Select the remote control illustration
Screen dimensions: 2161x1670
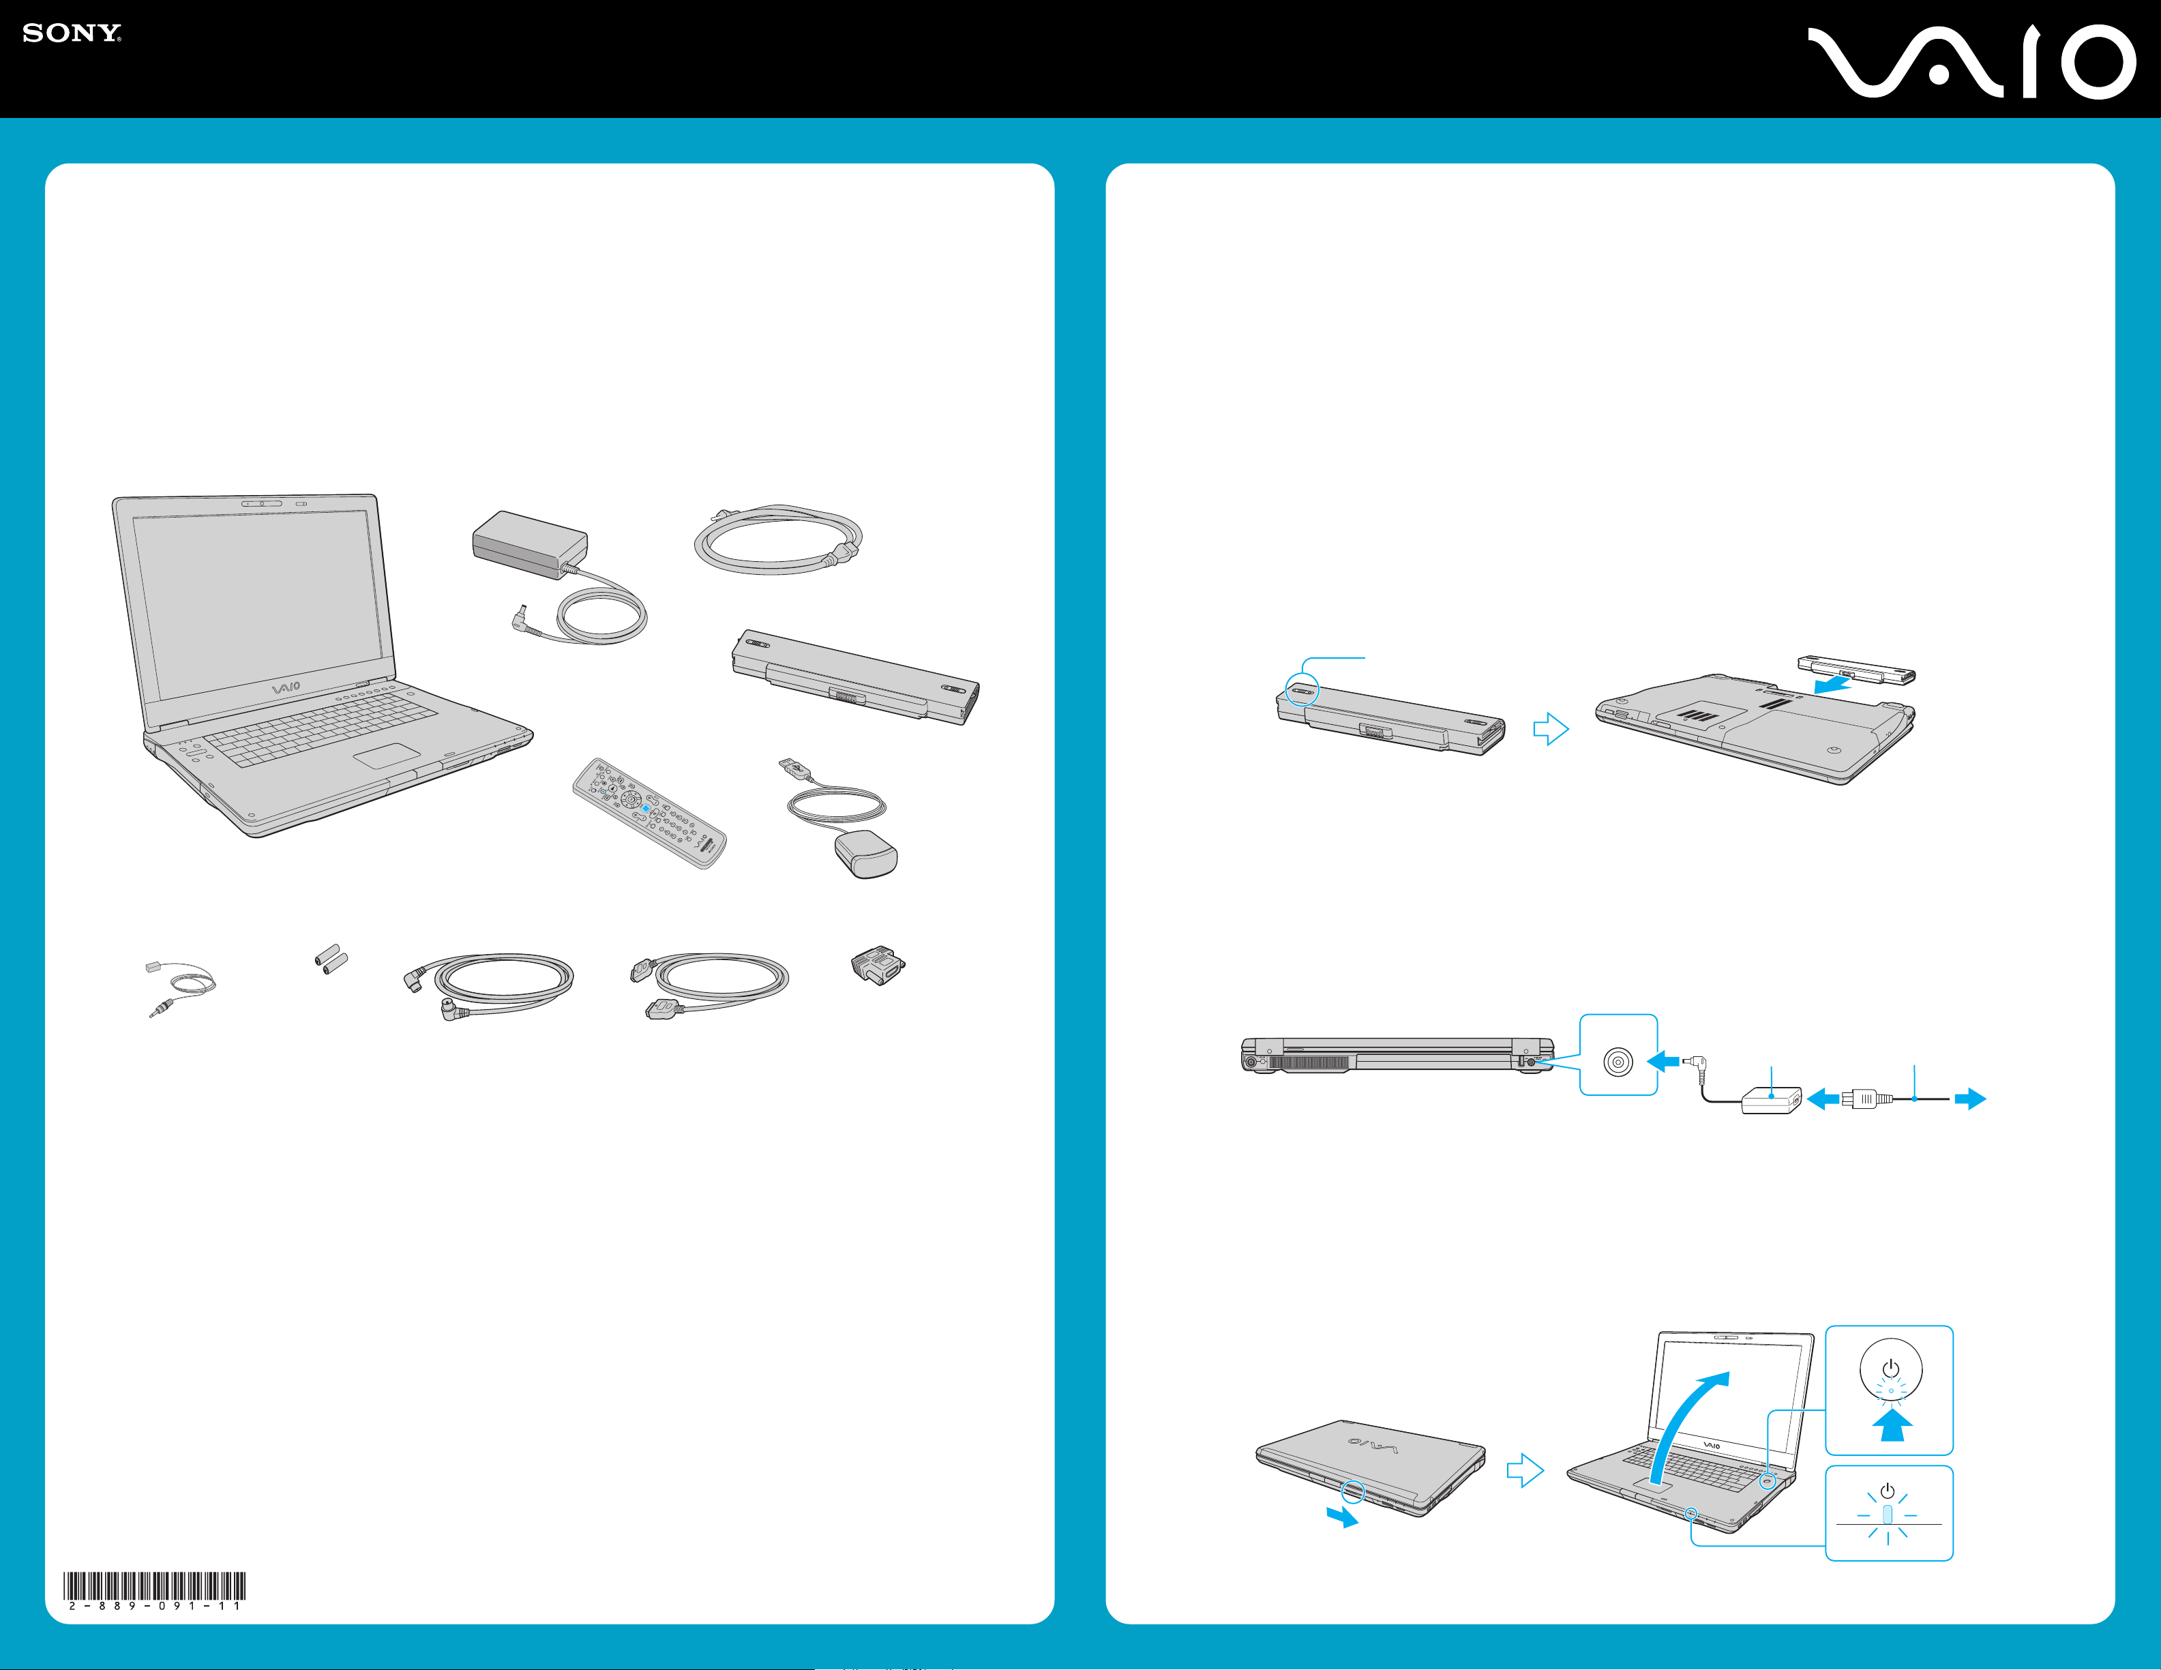[650, 814]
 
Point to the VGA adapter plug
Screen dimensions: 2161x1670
[878, 965]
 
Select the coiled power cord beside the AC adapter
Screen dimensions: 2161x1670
[777, 539]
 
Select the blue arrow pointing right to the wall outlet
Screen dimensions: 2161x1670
[1971, 1099]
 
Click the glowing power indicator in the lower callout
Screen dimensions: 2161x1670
[1888, 1515]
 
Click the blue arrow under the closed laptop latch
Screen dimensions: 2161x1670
[1343, 1517]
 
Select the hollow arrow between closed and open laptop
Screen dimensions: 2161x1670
[1525, 1470]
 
